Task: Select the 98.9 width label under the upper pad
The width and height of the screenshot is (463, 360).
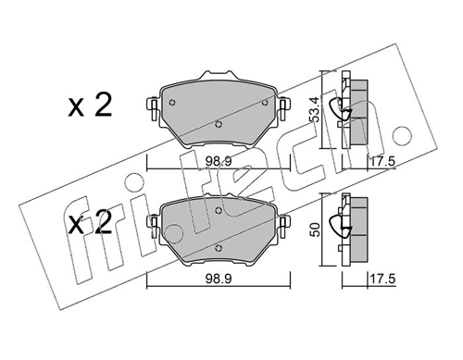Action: pos(219,161)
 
